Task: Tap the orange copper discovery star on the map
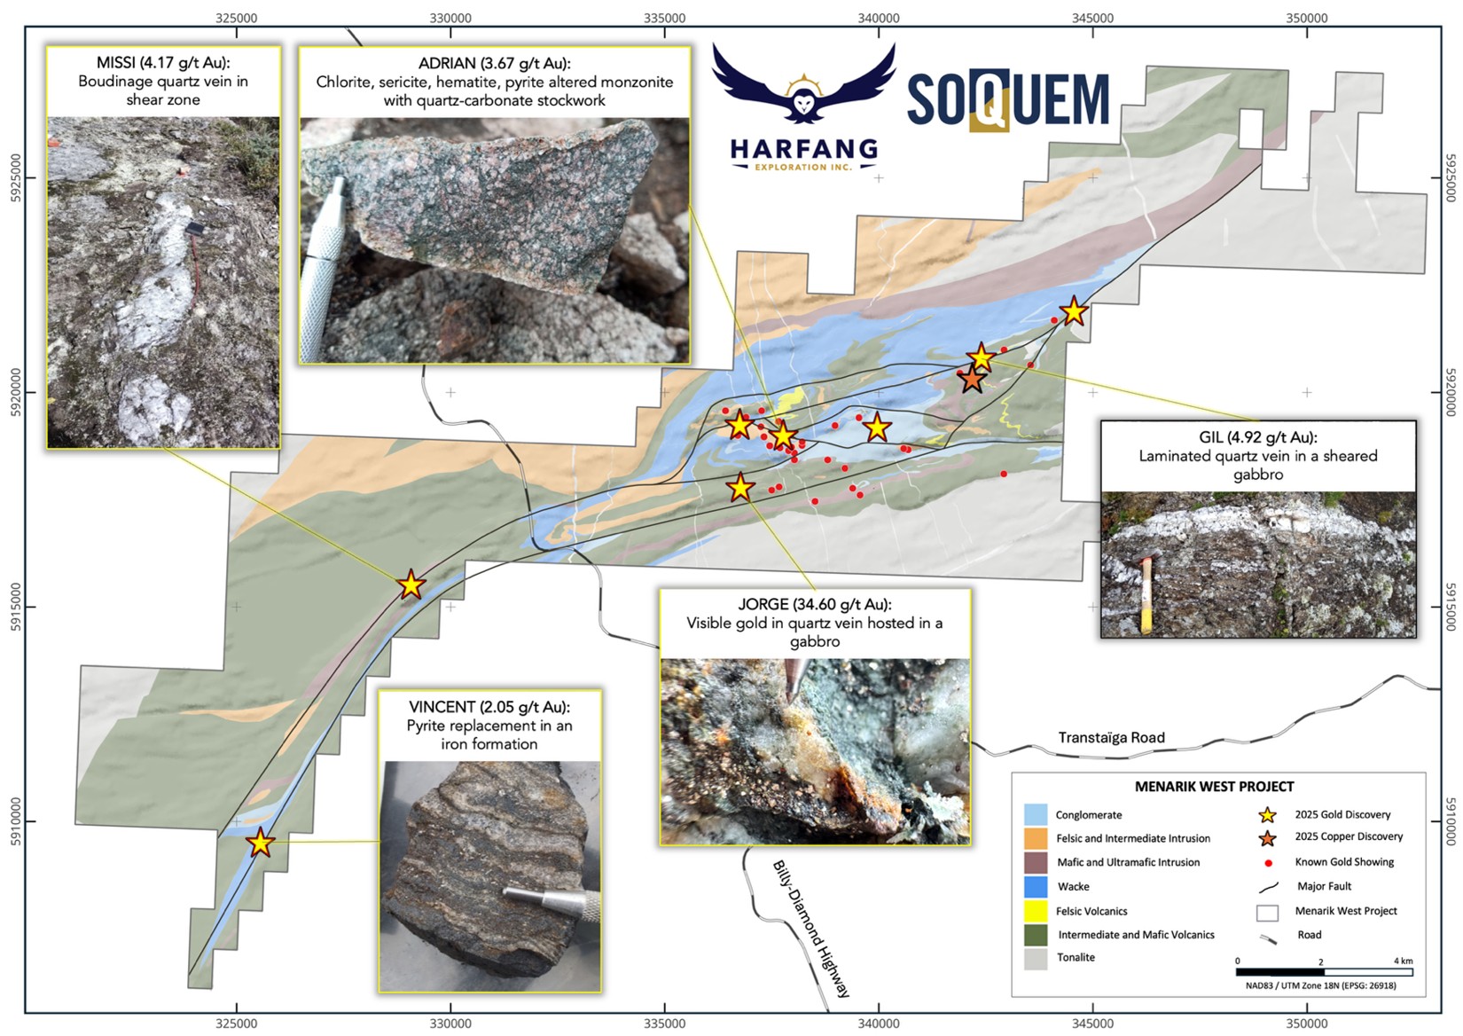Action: pyautogui.click(x=972, y=379)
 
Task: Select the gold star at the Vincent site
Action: pyautogui.click(x=260, y=843)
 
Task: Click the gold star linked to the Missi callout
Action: pyautogui.click(x=411, y=585)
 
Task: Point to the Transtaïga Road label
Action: pyautogui.click(x=1111, y=738)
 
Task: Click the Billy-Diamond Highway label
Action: pyautogui.click(x=810, y=928)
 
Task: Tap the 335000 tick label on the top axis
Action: pyautogui.click(x=664, y=18)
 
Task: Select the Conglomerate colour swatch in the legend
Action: pyautogui.click(x=1035, y=814)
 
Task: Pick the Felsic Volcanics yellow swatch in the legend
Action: pyautogui.click(x=1035, y=911)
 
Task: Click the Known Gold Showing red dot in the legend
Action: pyautogui.click(x=1268, y=862)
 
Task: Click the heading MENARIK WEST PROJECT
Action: pyautogui.click(x=1214, y=787)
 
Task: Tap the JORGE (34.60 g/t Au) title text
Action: pyautogui.click(x=814, y=605)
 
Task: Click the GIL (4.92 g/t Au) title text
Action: pyautogui.click(x=1257, y=437)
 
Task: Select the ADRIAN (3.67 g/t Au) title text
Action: pyautogui.click(x=494, y=64)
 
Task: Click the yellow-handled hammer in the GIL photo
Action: pyautogui.click(x=1146, y=594)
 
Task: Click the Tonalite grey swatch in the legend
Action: pyautogui.click(x=1035, y=958)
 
